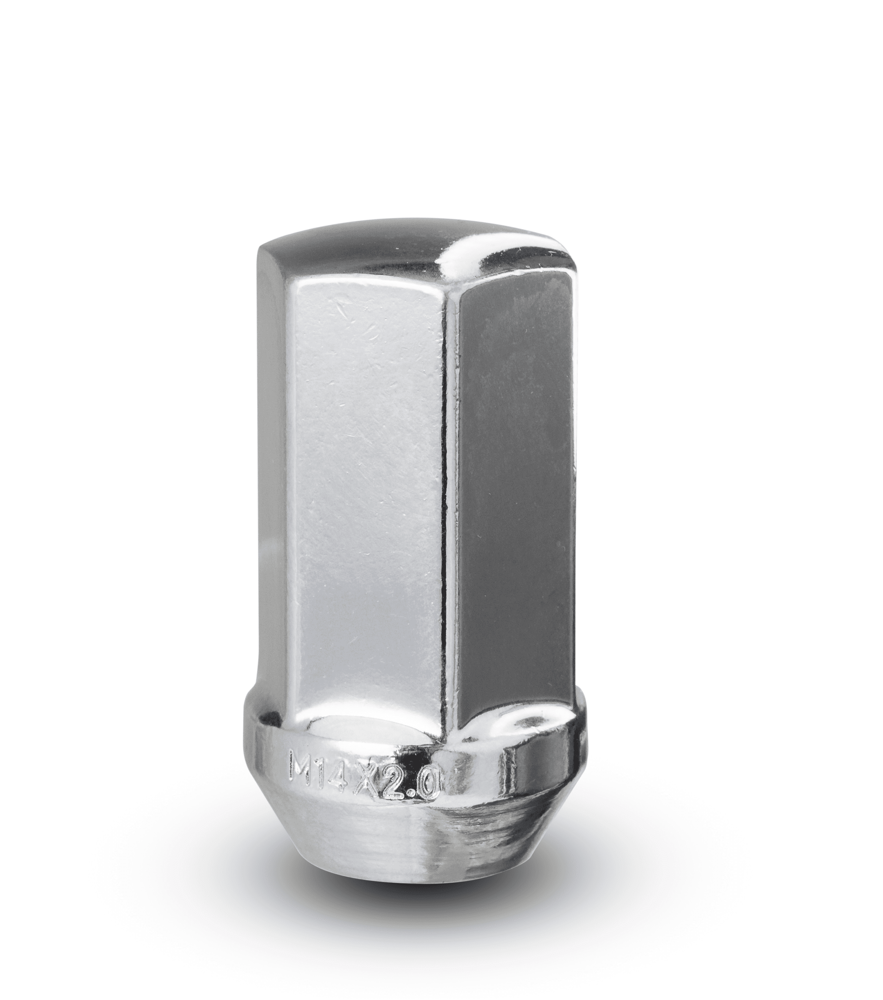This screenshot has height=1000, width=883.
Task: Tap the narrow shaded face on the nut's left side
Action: pos(274,489)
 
